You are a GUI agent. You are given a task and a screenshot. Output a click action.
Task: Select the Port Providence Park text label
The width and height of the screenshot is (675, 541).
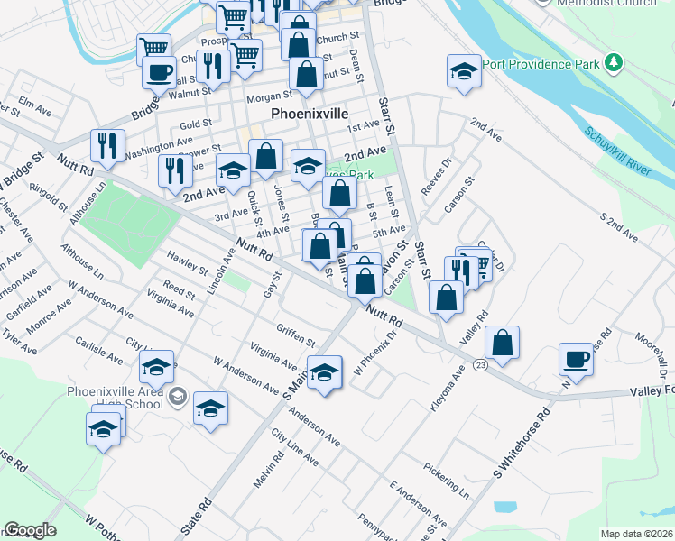coord(541,64)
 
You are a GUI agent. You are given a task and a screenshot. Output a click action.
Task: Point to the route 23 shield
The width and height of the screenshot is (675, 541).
coord(480,364)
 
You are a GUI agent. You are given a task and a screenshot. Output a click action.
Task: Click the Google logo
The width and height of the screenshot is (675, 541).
coord(30,530)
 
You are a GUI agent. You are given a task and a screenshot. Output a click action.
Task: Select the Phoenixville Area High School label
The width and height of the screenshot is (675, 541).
coord(115,398)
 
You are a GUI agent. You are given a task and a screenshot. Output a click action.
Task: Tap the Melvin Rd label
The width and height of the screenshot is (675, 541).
coord(264,471)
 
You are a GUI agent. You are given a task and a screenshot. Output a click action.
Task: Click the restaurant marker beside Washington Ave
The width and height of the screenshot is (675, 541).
coord(106,146)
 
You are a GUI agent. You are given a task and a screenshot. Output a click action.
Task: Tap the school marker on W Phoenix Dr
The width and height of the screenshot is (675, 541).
coord(325,371)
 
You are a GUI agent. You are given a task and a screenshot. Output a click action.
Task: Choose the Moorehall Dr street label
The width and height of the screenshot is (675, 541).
coord(649,352)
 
